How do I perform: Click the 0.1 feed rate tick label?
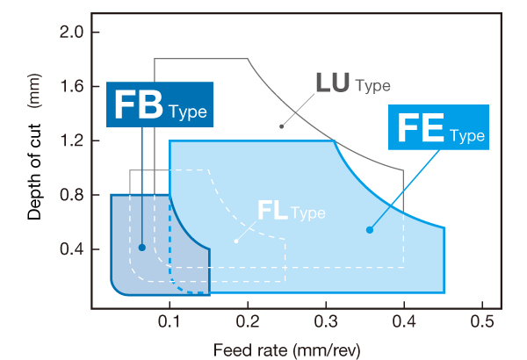click(170, 322)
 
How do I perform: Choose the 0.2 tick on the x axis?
click(248, 322)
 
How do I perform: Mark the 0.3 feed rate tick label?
click(326, 322)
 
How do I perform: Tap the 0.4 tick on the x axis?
click(404, 322)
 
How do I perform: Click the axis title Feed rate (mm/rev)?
click(286, 349)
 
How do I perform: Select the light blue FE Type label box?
click(437, 128)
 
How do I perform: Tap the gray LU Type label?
click(352, 84)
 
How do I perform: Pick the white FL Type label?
click(291, 211)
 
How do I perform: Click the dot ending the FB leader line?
click(141, 248)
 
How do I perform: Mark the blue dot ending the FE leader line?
click(370, 230)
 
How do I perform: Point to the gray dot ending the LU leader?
click(282, 126)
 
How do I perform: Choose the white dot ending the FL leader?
click(236, 240)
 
